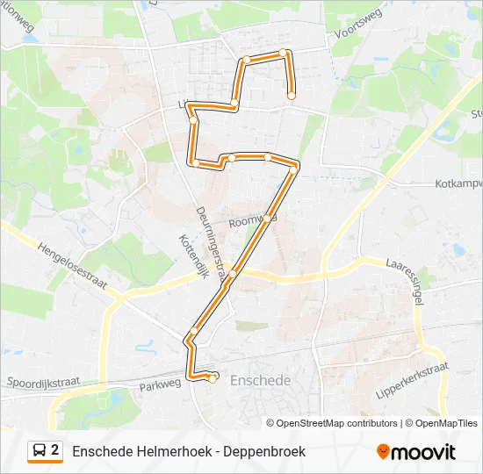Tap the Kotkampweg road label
pyautogui.click(x=458, y=184)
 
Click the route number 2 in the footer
pyautogui.click(x=55, y=450)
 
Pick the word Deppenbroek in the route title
pyautogui.click(x=263, y=451)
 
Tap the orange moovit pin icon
pyautogui.click(x=383, y=452)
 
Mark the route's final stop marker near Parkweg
pyautogui.click(x=213, y=379)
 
